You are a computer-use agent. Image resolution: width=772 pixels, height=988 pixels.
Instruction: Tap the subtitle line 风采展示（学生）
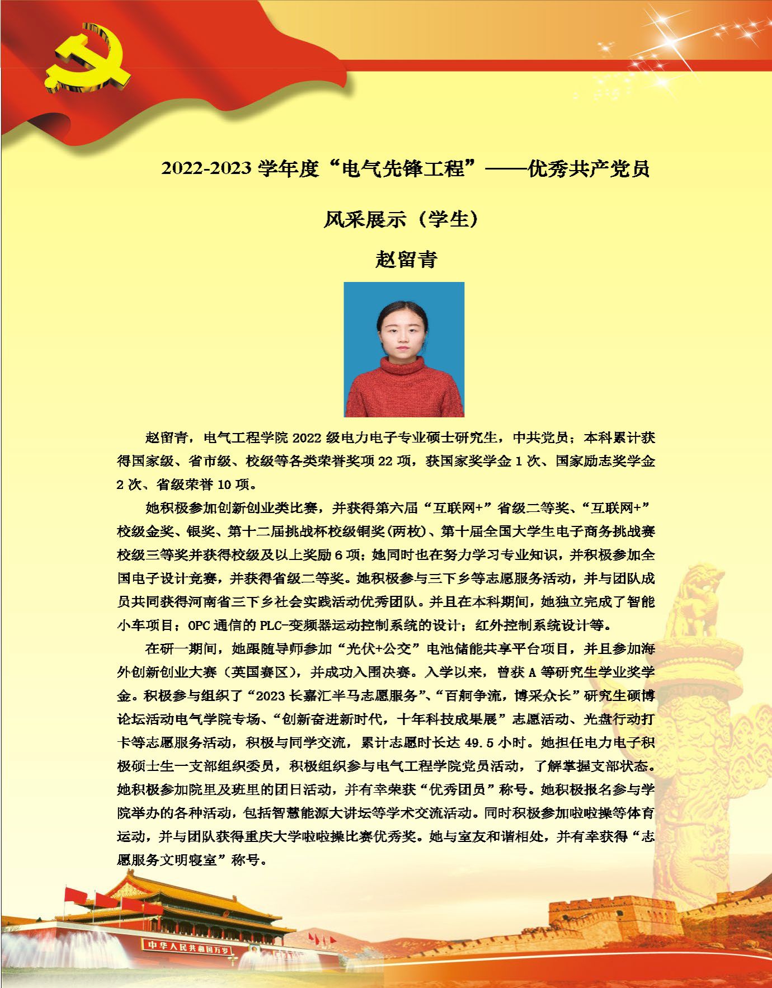(402, 219)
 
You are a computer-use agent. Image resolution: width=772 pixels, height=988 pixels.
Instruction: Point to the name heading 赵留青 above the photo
(406, 259)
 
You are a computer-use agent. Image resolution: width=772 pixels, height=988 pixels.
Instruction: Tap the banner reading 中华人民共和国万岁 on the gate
(187, 945)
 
